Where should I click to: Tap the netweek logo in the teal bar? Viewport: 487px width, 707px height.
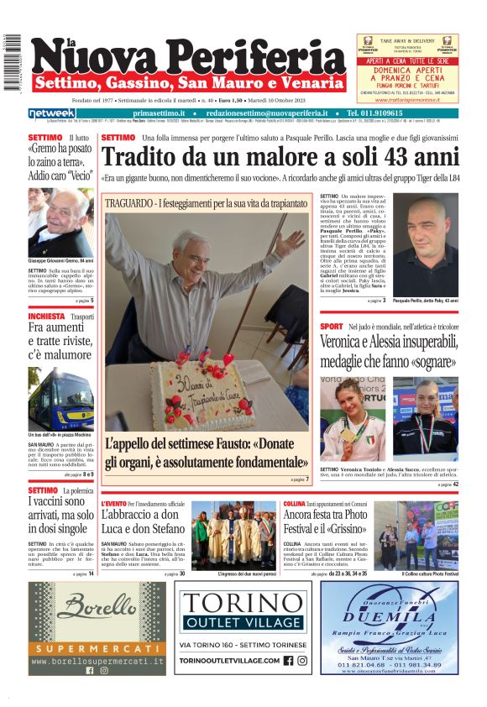pos(52,113)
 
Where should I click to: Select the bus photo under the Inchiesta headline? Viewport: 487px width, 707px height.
pos(60,399)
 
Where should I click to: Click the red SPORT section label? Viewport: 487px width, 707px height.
pos(332,326)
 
